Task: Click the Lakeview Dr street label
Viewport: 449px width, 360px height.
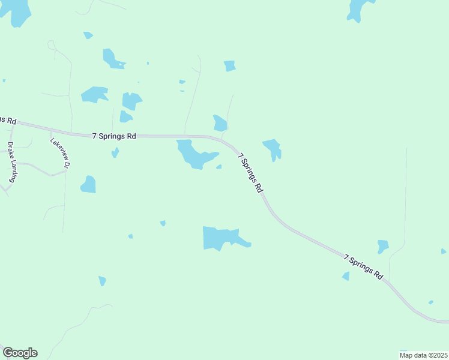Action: click(x=61, y=154)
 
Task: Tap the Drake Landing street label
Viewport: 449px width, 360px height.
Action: click(x=11, y=162)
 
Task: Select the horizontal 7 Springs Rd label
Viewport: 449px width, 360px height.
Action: click(x=114, y=136)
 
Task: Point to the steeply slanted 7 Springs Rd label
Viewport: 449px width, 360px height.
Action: click(x=251, y=173)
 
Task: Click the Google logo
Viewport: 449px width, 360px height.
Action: click(x=20, y=353)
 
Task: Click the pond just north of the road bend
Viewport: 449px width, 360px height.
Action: click(x=220, y=123)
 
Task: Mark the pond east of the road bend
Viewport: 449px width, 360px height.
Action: click(x=273, y=148)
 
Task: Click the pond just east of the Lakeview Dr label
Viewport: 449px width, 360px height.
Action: click(x=89, y=185)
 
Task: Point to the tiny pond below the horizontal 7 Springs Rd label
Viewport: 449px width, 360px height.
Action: click(x=115, y=152)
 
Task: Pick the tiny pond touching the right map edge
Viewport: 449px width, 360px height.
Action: click(x=444, y=251)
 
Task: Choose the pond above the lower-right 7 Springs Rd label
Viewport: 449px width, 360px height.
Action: click(x=382, y=246)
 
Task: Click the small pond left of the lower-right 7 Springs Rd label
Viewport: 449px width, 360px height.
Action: click(x=346, y=276)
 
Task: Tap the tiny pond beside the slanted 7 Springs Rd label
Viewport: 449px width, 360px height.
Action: click(x=219, y=167)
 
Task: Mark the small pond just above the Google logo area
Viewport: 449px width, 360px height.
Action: click(x=102, y=280)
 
